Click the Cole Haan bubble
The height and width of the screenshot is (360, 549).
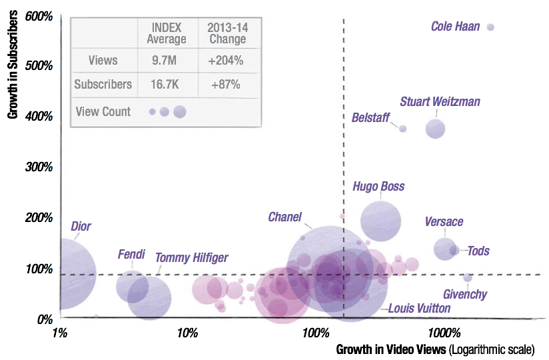(490, 27)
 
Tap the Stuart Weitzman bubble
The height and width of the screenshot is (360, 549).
(436, 129)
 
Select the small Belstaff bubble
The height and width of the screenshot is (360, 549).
(402, 128)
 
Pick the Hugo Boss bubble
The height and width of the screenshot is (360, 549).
(380, 221)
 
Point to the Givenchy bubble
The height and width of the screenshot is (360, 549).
(467, 277)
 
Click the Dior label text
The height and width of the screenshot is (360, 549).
(81, 227)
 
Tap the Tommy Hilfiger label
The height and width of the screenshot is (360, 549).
(191, 257)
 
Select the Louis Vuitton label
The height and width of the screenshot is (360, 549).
(419, 308)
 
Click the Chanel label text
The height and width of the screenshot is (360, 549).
(284, 217)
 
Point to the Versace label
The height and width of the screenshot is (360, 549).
(444, 222)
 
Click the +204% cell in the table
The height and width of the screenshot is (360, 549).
(225, 61)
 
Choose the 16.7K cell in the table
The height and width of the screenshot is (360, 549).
(166, 85)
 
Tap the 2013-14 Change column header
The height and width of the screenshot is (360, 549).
(225, 33)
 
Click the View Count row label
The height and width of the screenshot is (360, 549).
(103, 111)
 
